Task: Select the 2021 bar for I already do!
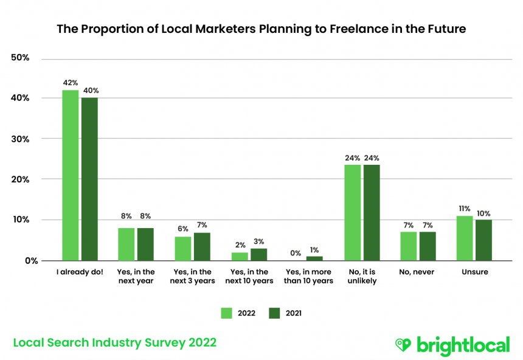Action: pos(89,179)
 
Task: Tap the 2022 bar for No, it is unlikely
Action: pos(352,212)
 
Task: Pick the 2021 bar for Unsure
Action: pos(483,240)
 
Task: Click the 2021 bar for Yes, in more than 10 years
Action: pos(314,258)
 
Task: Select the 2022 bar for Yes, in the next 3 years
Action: pos(182,248)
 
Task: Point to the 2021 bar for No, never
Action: pos(428,246)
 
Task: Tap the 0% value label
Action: pos(295,254)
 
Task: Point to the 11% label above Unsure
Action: pos(464,209)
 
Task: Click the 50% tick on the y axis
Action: pos(21,58)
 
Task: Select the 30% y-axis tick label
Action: pos(21,139)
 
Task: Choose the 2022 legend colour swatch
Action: pos(226,313)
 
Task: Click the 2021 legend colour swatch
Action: pos(274,313)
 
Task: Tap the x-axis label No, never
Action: pos(417,272)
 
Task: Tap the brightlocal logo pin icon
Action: pos(403,345)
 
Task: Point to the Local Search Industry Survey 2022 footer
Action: pos(115,343)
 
